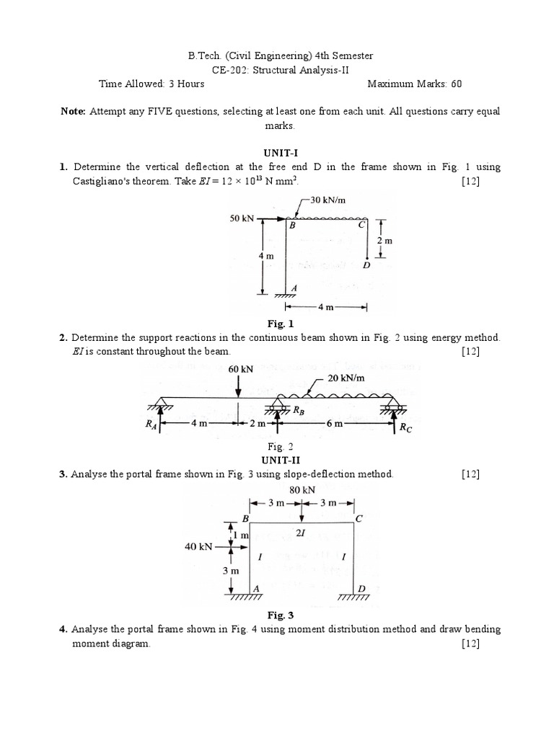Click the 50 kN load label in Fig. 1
[x=242, y=217]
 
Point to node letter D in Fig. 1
[x=367, y=265]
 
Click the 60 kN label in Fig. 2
[x=240, y=368]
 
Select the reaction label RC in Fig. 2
[x=406, y=427]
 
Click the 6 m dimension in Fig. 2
[x=334, y=424]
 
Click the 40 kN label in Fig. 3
[x=198, y=546]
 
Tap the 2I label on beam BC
[x=302, y=534]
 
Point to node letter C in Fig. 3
[x=359, y=519]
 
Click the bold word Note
[x=74, y=111]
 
